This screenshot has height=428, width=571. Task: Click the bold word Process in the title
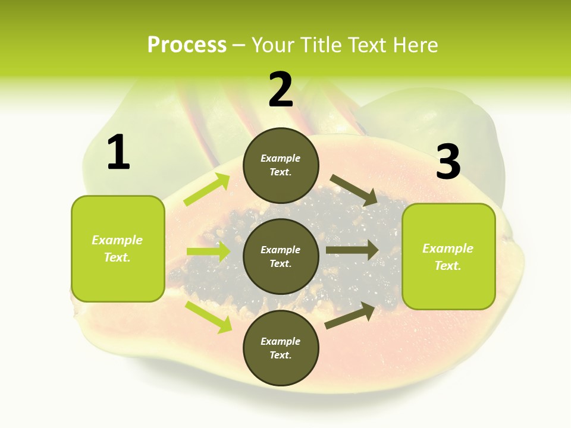point(187,45)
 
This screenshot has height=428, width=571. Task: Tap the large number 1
point(118,153)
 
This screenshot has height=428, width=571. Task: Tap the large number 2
point(281,90)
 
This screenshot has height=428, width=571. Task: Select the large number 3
point(448,162)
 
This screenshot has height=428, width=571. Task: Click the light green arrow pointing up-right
point(207,190)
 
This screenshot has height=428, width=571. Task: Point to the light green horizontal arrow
point(209,251)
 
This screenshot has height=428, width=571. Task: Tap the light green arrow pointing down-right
point(208,317)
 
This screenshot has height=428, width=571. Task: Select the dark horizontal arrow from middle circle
point(352,250)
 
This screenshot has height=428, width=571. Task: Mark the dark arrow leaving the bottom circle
point(350,316)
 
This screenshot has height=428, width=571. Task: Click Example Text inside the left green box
point(117,248)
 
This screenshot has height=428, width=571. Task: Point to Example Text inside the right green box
point(448,257)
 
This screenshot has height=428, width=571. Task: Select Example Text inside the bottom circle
point(281,348)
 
